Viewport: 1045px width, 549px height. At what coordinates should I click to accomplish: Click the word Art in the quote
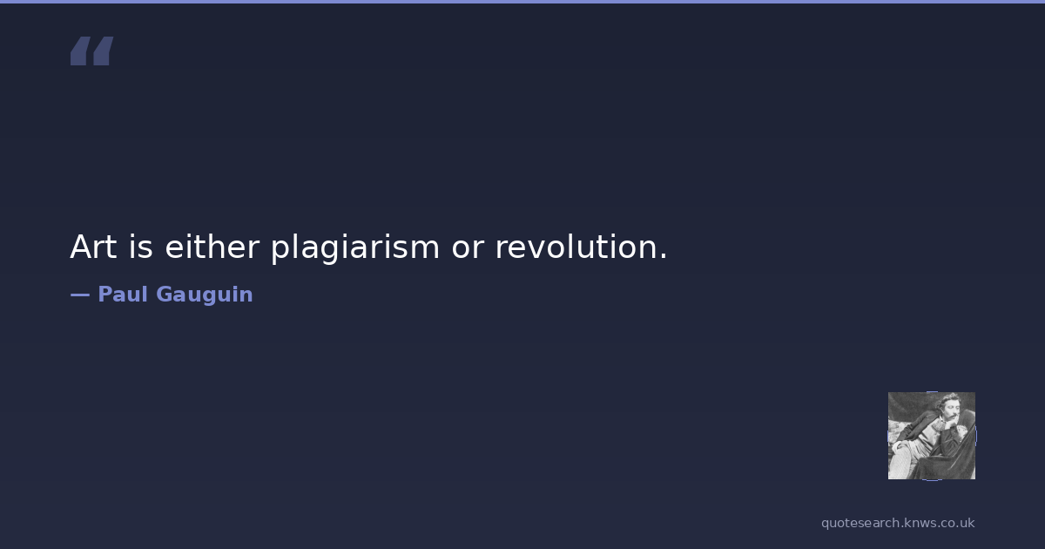pos(93,247)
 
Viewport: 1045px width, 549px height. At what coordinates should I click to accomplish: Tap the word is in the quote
pos(140,247)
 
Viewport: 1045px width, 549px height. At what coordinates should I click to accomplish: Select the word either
pos(212,247)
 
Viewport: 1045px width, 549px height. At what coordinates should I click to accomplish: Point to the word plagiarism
pos(355,247)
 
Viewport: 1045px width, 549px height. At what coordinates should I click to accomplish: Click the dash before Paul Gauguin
pos(80,295)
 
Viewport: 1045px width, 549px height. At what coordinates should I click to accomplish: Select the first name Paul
pos(123,295)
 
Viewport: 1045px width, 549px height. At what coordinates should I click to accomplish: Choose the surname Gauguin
pos(205,295)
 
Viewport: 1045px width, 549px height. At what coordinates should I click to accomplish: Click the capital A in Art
pos(83,247)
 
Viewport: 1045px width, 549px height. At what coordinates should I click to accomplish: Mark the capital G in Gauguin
pos(165,295)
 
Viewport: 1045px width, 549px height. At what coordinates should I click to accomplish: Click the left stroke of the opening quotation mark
pos(80,51)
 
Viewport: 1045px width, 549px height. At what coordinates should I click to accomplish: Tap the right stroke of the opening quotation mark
pos(103,51)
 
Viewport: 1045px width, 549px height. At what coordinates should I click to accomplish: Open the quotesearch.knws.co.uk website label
pos(898,523)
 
